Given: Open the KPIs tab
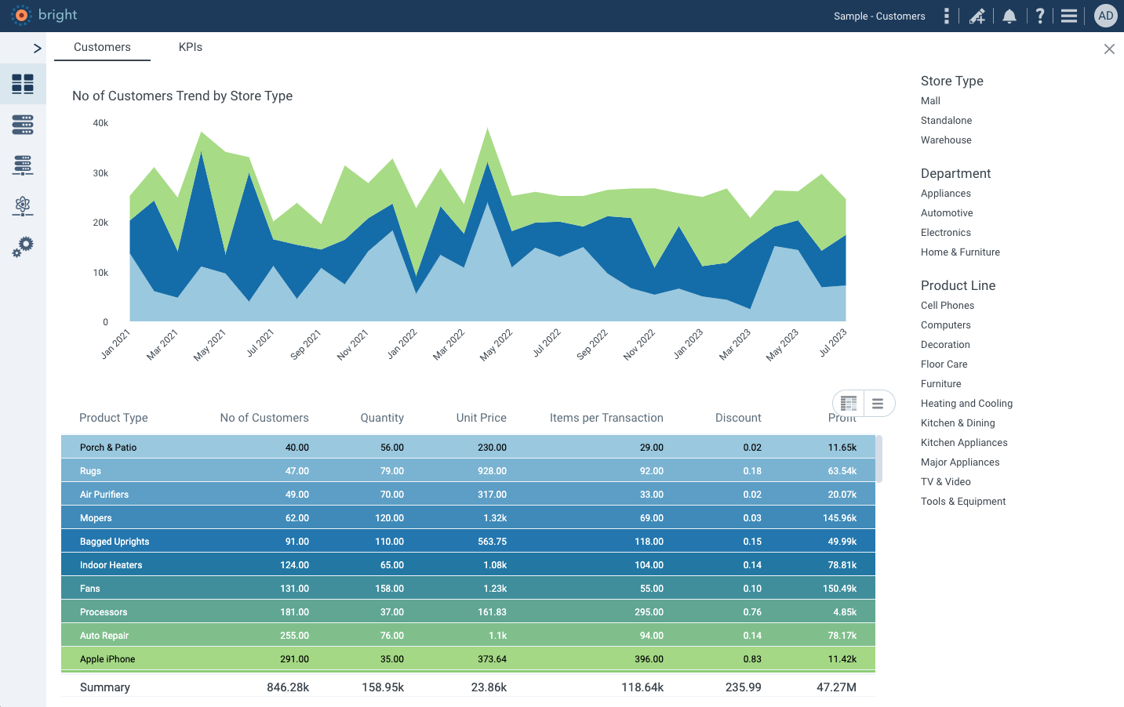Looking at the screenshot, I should point(191,47).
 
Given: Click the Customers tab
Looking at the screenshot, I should point(102,47).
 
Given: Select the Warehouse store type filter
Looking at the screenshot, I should point(946,140).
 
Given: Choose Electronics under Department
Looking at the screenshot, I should point(945,233).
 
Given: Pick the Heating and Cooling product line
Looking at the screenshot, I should point(966,404).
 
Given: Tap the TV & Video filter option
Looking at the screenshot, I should point(945,482).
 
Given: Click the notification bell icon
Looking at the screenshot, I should point(1009,16).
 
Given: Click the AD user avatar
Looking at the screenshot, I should point(1105,16).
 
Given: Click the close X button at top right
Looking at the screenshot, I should point(1109,49).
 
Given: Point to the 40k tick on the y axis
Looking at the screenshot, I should point(100,123).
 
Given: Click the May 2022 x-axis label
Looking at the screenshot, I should point(496,345).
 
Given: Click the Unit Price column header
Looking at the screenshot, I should point(481,418).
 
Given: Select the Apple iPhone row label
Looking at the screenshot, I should point(107,659).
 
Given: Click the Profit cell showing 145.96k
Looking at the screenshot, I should point(839,518).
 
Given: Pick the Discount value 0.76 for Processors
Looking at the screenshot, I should point(751,612).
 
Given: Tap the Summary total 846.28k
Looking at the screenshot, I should point(288,687).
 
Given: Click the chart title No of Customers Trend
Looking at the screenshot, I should point(182,96).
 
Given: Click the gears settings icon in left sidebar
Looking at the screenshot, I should point(23,247).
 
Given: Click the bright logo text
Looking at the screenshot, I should point(57,15).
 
